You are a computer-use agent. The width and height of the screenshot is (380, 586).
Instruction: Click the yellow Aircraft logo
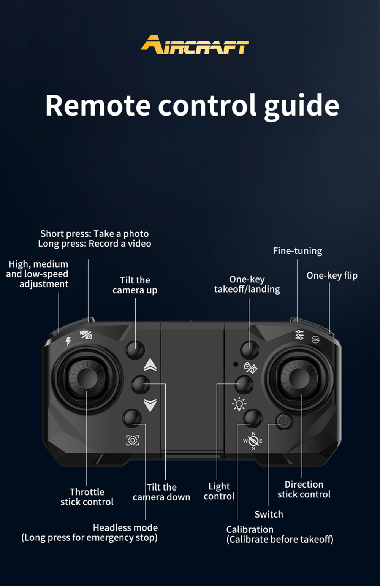pos(195,45)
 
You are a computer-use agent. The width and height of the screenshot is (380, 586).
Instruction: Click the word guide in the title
pos(301,107)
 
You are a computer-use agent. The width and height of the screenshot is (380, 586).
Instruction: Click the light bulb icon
pos(239,404)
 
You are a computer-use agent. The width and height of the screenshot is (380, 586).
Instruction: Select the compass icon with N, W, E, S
pos(253,441)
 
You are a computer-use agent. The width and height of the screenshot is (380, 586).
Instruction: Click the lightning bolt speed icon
pos(68,341)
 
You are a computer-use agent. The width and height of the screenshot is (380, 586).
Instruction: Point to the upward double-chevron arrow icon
pos(150,365)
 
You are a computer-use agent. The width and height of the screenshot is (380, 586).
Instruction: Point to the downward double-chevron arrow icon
pos(150,405)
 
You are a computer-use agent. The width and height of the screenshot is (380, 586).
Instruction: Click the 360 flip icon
pos(316,340)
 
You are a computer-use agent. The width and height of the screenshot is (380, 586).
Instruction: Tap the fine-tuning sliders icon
pos(299,335)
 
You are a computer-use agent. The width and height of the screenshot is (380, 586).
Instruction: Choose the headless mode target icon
pos(133,440)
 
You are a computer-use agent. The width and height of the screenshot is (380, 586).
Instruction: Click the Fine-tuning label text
pos(298,251)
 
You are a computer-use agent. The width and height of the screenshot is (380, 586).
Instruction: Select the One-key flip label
pos(332,276)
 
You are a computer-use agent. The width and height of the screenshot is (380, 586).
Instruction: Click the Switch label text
pos(269,514)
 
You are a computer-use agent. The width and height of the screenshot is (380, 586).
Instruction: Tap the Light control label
pos(219,491)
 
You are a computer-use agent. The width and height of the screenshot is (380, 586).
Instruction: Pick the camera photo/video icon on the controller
pos(86,334)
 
